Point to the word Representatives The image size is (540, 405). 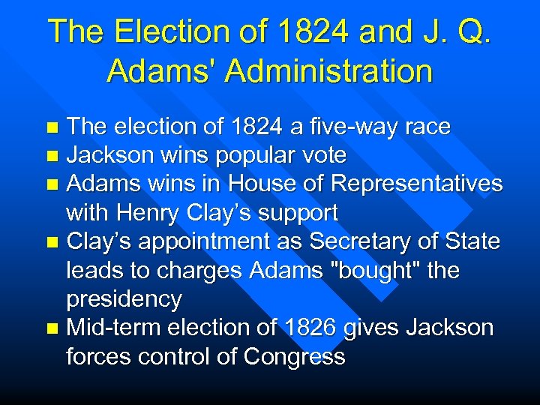[x=417, y=184]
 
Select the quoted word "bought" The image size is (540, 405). [x=376, y=270]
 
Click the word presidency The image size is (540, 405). [x=124, y=299]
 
